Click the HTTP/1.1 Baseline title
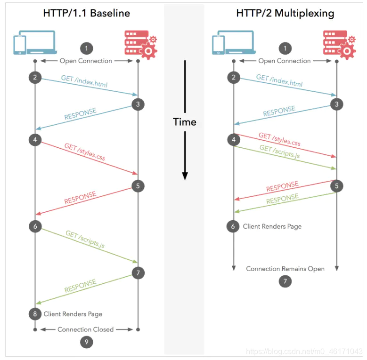86,13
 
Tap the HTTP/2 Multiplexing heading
285,13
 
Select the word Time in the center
184,122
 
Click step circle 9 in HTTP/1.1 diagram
86,342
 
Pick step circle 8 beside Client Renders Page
35,313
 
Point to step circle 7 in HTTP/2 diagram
285,281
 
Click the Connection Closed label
86,329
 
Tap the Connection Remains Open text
285,269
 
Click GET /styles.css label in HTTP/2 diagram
279,139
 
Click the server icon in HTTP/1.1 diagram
138,44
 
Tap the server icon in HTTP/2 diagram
336,44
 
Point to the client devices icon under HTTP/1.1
34,43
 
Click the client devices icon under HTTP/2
233,43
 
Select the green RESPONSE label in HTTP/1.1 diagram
80,286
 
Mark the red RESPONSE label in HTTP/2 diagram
282,187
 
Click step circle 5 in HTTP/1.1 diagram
138,186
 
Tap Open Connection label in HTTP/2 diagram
285,61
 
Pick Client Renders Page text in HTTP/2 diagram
272,226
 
